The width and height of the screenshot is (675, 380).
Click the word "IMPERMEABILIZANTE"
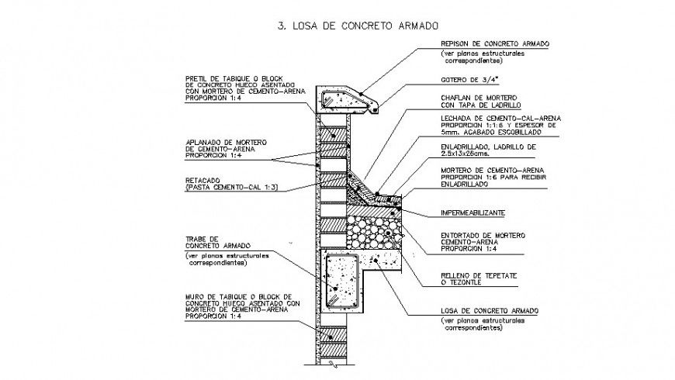coord(473,212)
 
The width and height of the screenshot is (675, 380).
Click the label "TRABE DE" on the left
coord(201,239)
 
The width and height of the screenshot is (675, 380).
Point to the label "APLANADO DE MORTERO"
coord(226,142)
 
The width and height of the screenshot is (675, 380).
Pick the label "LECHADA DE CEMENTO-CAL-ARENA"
coord(494,117)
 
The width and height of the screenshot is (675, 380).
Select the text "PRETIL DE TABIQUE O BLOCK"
coord(230,78)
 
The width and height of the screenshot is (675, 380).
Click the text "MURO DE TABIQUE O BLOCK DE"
coord(234,296)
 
